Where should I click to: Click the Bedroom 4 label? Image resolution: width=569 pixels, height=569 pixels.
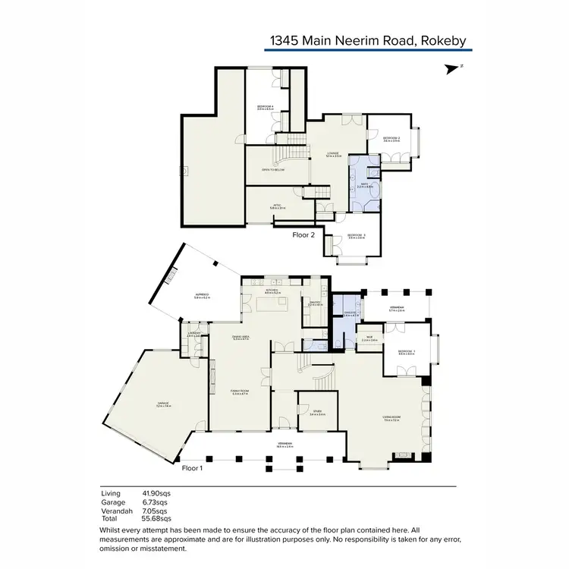[265, 107]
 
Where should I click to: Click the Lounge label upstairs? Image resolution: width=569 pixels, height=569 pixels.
[332, 154]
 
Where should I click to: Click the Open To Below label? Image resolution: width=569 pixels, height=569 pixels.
[272, 171]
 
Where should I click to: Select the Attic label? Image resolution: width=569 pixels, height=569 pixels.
[278, 206]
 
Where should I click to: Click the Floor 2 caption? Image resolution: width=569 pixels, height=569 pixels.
[303, 235]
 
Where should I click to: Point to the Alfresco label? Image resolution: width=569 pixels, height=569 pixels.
[201, 296]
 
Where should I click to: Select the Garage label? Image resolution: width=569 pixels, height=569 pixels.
[163, 404]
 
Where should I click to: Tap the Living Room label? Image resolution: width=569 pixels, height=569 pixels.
[391, 418]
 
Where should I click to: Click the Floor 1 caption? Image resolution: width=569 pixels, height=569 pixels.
[193, 469]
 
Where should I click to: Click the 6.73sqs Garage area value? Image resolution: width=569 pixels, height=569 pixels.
[156, 501]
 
